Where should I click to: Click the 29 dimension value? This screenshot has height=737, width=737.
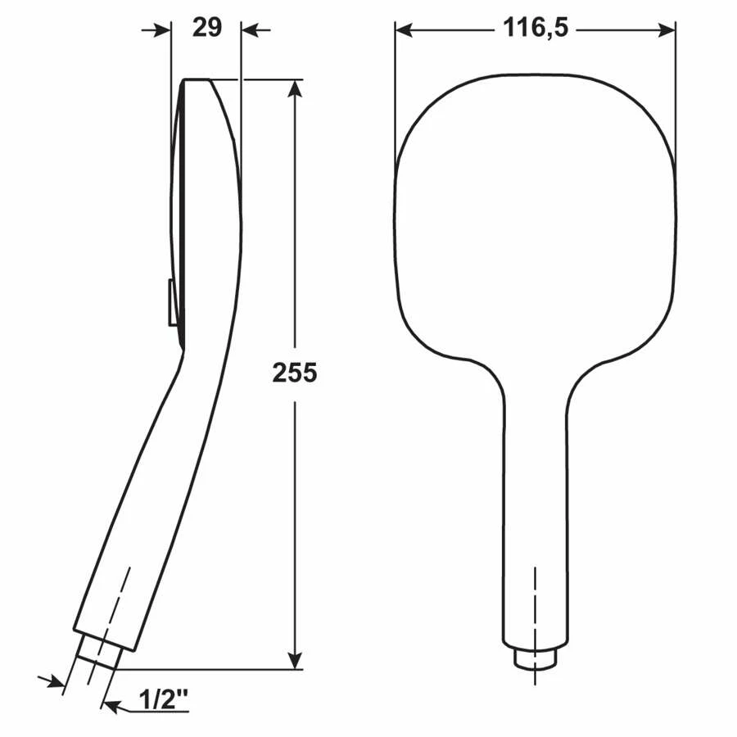[207, 28]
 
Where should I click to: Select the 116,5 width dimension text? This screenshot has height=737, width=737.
[536, 28]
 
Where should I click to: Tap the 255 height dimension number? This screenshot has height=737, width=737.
[295, 373]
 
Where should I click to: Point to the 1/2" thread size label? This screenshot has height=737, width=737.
[164, 701]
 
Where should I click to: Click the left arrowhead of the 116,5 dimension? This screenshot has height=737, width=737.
[404, 30]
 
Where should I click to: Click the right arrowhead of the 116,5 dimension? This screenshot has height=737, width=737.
[667, 30]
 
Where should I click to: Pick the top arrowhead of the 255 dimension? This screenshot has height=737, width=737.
[295, 88]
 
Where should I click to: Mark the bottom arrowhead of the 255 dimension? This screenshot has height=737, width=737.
[295, 660]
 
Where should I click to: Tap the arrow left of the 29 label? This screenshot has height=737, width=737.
[156, 31]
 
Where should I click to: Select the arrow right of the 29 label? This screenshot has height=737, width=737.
[255, 31]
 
